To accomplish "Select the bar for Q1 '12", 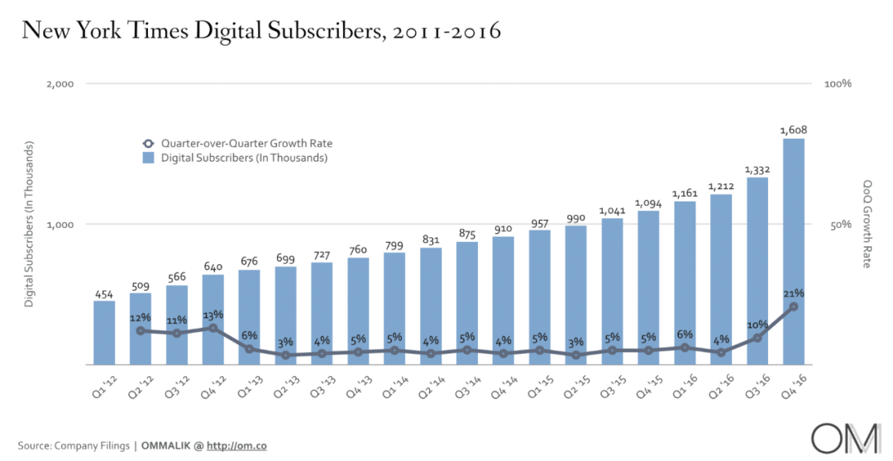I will (x=104, y=332).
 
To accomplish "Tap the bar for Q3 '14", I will (x=467, y=302).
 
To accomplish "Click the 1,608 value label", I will (x=794, y=130).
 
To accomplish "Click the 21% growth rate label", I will (x=794, y=293).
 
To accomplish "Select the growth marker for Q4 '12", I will (x=213, y=328).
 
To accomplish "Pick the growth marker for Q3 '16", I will (x=757, y=338).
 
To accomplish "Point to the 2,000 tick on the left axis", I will (x=58, y=84).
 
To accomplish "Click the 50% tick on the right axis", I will (x=840, y=225).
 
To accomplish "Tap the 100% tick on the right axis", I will (x=838, y=84).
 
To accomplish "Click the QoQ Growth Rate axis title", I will (x=868, y=224).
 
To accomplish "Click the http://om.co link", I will (x=236, y=446).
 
